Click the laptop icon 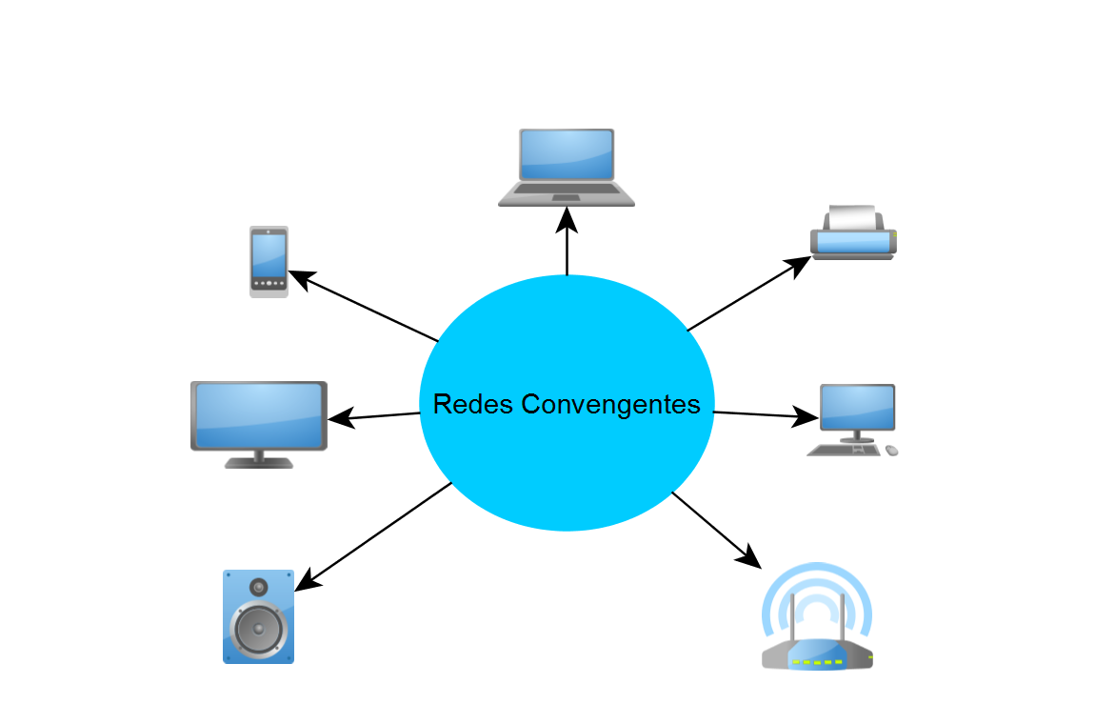[x=567, y=167]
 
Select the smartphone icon [x=269, y=261]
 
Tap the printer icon [x=853, y=233]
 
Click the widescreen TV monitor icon [x=259, y=423]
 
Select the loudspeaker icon [x=258, y=616]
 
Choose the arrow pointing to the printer [x=743, y=294]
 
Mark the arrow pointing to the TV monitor [x=374, y=416]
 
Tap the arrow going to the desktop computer [x=767, y=415]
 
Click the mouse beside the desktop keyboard [x=892, y=450]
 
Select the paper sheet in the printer [x=851, y=218]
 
